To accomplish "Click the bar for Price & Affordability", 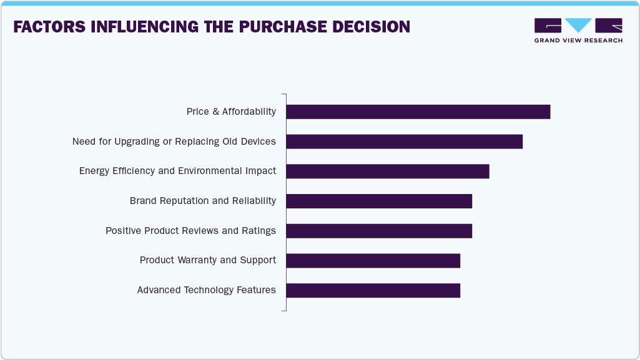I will (x=418, y=112).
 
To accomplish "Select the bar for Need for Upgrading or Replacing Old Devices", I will (x=404, y=142).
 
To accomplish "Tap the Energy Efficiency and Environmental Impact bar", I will (x=387, y=171).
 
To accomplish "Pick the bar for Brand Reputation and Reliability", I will (x=378, y=201).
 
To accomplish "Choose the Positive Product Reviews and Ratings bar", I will (x=378, y=231).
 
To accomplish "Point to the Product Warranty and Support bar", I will (x=373, y=261).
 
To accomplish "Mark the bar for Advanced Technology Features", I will (x=373, y=290).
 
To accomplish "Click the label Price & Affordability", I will (x=231, y=112).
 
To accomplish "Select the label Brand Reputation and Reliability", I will (x=202, y=201).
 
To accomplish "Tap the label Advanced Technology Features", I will (x=206, y=290).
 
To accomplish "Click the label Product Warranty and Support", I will (x=207, y=260).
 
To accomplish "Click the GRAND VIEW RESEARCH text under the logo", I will (x=578, y=41).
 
